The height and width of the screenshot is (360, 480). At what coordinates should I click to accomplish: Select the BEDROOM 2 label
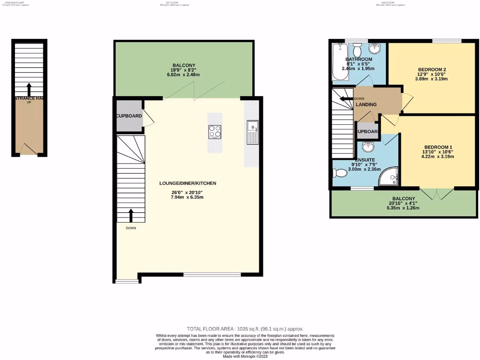(x=432, y=70)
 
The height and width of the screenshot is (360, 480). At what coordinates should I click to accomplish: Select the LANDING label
(x=366, y=105)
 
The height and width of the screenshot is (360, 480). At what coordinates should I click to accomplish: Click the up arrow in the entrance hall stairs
(x=29, y=89)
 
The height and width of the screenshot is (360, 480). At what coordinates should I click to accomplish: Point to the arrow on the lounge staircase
(x=130, y=215)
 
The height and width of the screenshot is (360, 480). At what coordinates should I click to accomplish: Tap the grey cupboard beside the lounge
(x=128, y=115)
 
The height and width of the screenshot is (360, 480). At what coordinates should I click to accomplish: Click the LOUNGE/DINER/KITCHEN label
(x=187, y=183)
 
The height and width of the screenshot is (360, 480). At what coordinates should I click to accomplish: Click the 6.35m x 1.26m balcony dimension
(x=403, y=208)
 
